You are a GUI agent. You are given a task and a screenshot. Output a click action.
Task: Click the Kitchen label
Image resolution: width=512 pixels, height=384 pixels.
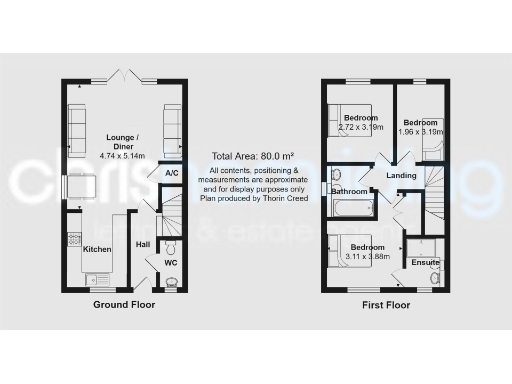point(97,248)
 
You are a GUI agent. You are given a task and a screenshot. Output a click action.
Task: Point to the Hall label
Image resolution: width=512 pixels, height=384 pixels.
point(143,243)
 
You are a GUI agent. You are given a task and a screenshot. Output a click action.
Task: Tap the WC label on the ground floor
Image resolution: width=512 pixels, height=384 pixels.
point(170,263)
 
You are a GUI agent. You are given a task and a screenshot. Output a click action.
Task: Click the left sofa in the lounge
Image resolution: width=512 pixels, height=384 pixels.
point(77,124)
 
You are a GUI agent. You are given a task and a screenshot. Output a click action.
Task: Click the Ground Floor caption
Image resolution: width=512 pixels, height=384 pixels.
point(124,304)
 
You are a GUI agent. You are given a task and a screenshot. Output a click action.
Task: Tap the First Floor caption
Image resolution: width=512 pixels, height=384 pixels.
point(386,304)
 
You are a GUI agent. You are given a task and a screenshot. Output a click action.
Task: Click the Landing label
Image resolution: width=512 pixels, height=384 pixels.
point(401,176)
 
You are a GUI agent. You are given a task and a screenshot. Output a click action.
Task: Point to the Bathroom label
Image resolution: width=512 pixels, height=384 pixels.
point(350,192)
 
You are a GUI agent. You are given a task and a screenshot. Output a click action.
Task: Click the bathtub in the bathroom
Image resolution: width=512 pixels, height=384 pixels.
point(351,208)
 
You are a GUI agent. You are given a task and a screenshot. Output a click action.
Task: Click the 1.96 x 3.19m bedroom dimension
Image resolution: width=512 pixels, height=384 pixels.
point(420,131)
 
